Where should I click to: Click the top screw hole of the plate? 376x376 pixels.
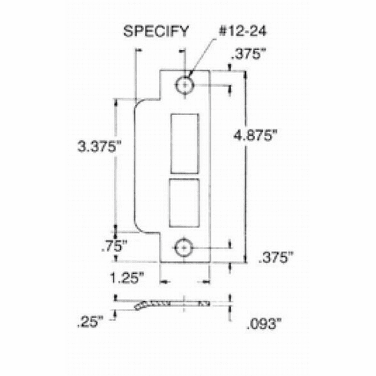pos(185,85)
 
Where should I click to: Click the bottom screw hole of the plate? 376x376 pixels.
pos(185,247)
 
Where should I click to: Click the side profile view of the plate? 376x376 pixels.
pos(173,306)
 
